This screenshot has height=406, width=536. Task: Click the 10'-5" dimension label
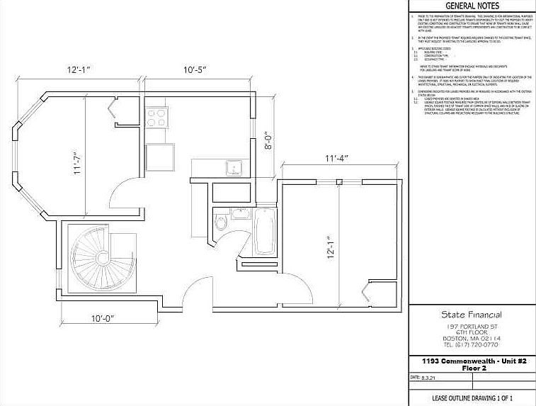tap(200, 70)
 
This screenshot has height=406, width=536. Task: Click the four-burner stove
tap(157, 116)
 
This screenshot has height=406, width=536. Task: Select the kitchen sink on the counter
tap(234, 168)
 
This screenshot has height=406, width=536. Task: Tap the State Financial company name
tap(471, 315)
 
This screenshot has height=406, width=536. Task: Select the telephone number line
tap(471, 344)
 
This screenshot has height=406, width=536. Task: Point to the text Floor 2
tap(471, 368)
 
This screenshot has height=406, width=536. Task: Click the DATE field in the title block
tap(425, 378)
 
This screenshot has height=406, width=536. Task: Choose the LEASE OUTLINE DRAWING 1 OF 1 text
tap(471, 398)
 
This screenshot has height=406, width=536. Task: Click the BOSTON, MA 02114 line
tap(471, 338)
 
